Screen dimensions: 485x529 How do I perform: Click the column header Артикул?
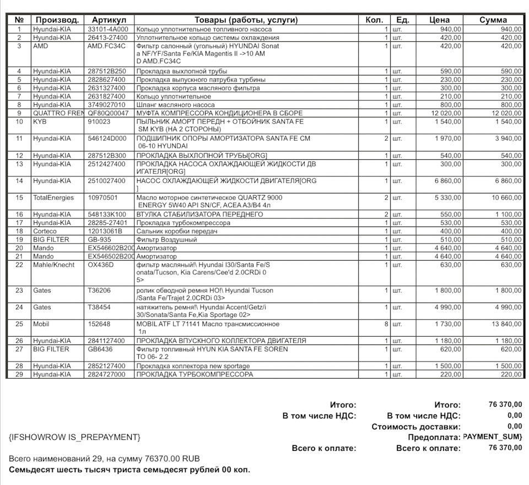point(109,20)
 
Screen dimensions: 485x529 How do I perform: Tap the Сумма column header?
point(493,20)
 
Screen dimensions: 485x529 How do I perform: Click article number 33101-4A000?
point(108,29)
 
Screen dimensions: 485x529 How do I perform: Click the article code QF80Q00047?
point(108,113)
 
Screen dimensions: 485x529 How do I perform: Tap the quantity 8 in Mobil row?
point(386,324)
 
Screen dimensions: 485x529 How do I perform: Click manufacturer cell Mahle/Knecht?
point(53,265)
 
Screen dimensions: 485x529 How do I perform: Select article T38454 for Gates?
point(100,307)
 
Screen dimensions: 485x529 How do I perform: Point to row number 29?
point(20,374)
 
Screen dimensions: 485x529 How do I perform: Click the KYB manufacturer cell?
point(41,121)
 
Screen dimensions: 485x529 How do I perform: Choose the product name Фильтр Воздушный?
point(166,240)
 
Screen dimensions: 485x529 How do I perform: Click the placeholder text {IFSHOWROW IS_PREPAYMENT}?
point(74,437)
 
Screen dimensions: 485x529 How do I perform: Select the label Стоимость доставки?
point(415,427)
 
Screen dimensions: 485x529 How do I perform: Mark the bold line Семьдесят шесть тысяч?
point(129,470)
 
